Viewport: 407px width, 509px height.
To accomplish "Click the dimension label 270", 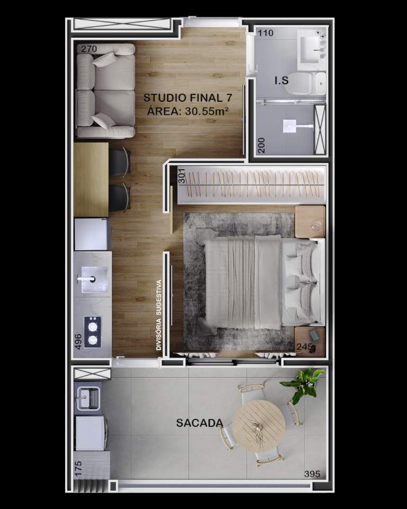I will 90,49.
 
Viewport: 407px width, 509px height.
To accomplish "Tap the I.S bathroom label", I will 281,81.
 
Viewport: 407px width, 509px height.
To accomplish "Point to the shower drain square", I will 289,126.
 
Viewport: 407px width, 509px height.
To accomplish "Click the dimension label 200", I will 261,144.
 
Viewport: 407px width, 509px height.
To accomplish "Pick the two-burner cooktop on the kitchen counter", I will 93,331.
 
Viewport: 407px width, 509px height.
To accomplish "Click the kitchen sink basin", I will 94,279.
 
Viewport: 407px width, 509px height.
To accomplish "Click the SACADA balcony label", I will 199,423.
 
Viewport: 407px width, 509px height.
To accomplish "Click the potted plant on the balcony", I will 304,383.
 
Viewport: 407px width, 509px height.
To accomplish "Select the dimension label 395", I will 312,473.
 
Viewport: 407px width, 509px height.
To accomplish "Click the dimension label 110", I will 266,33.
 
